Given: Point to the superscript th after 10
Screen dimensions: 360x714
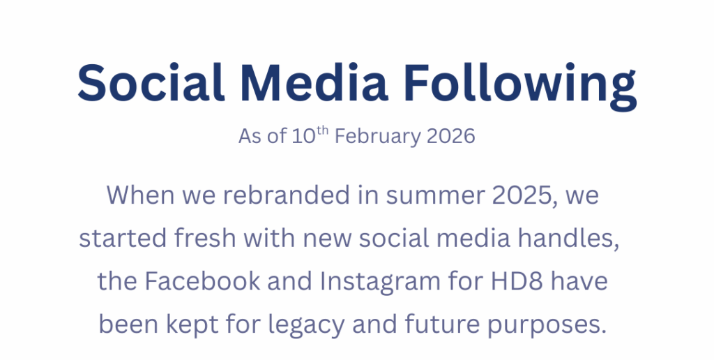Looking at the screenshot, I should (x=321, y=129).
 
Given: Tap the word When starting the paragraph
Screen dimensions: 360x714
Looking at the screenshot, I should (x=140, y=195).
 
